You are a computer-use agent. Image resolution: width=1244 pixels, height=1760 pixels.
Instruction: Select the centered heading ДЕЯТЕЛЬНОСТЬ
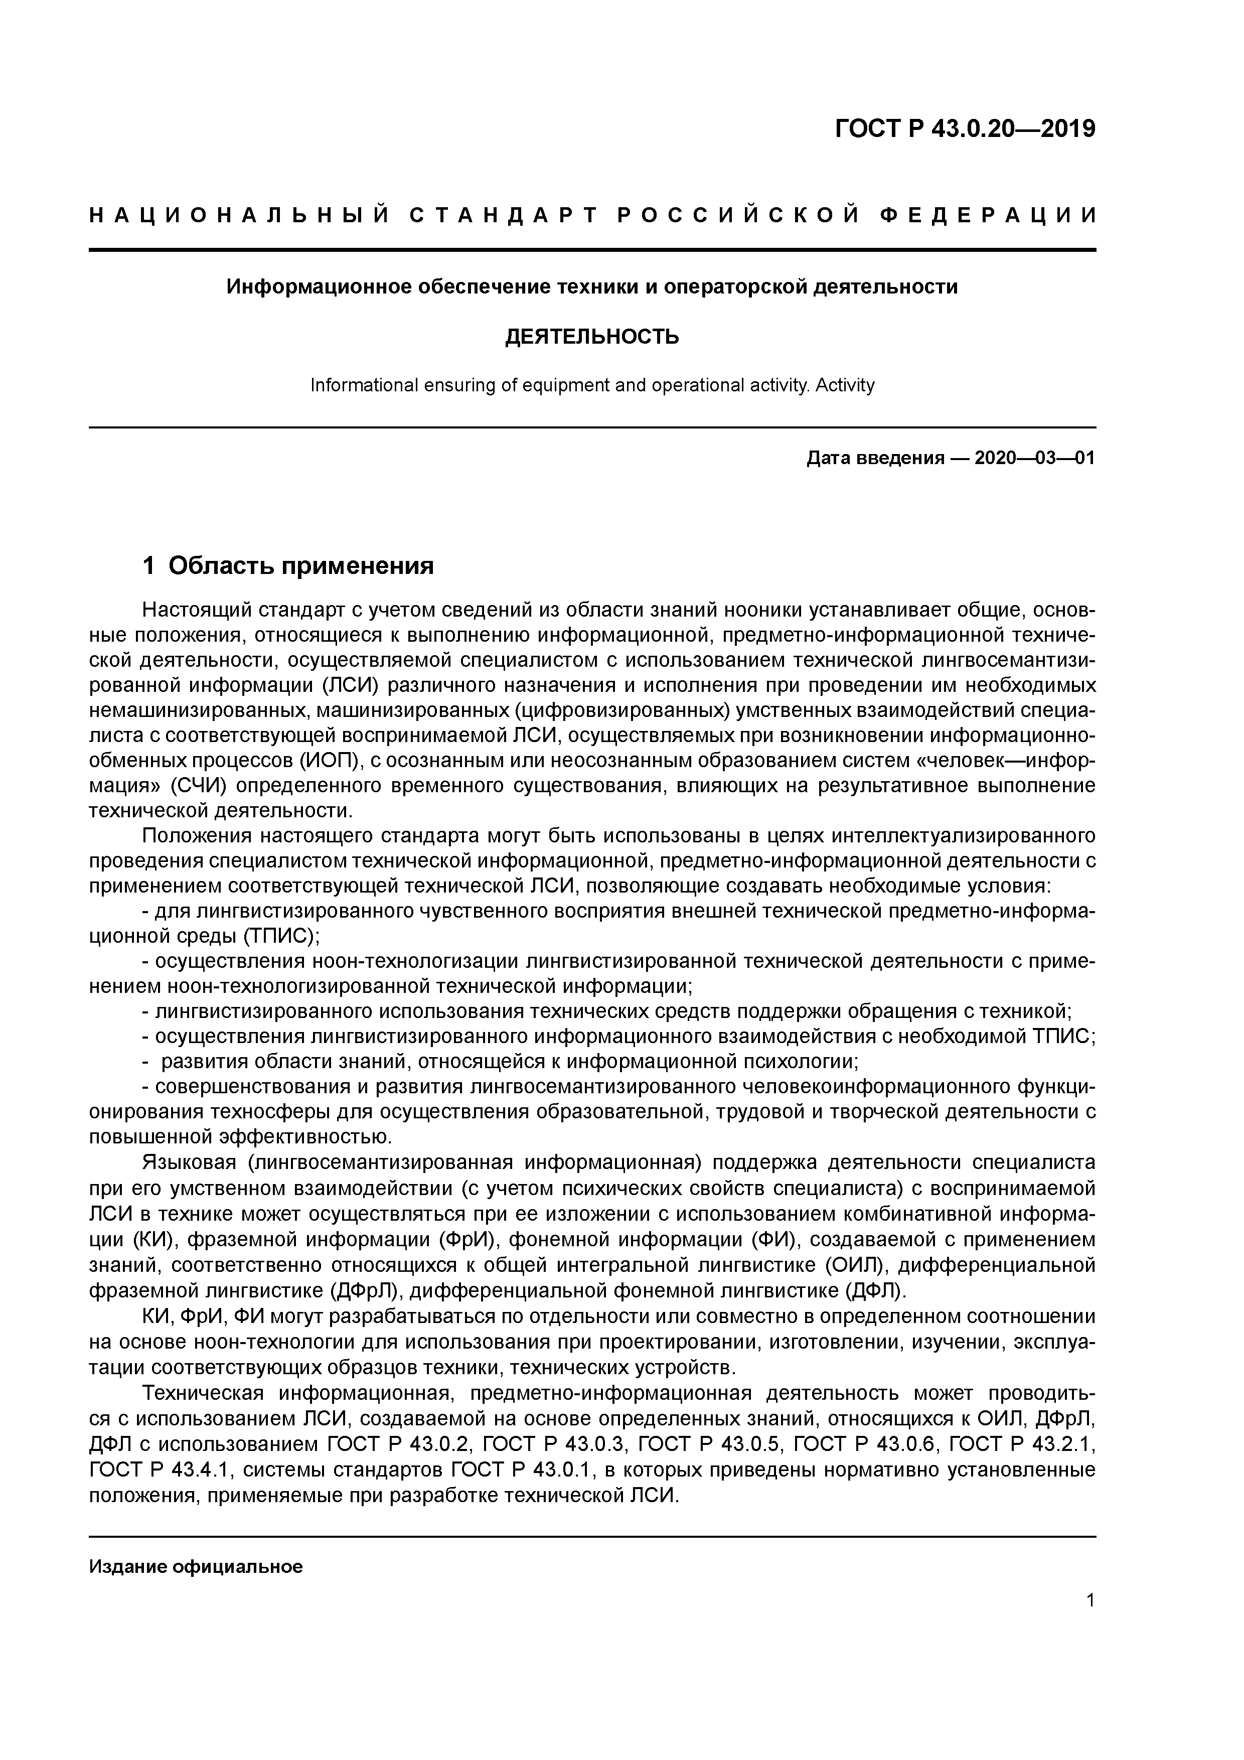[x=592, y=337]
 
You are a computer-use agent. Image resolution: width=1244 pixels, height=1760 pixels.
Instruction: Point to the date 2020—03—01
[x=1034, y=459]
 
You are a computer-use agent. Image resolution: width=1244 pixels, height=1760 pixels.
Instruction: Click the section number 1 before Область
[x=149, y=566]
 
